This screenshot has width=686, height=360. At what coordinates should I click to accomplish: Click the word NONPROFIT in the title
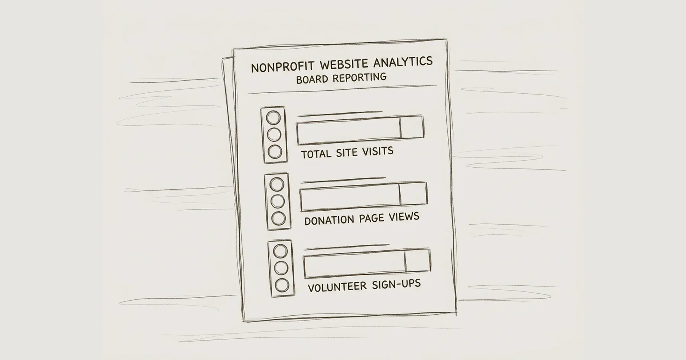282,67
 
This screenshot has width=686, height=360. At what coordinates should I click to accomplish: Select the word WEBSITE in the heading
344,65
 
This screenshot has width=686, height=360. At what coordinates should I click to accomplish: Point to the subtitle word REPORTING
359,78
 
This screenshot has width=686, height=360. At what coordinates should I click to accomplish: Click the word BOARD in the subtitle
313,80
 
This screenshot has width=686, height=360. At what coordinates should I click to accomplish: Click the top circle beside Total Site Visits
273,118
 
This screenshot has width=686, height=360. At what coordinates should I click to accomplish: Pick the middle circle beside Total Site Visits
274,134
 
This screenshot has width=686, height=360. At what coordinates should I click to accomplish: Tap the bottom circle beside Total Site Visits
275,152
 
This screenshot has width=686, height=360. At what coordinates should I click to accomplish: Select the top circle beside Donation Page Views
277,184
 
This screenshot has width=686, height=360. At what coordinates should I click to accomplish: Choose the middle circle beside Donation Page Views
277,201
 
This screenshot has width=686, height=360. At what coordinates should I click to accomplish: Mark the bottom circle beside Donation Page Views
278,218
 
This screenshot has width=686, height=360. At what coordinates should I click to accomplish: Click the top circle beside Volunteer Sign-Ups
280,251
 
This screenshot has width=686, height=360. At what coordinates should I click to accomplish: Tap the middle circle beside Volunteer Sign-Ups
281,268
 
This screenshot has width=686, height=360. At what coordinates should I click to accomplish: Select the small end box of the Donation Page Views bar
413,194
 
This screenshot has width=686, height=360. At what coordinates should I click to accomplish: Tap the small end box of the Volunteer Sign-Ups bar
417,261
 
